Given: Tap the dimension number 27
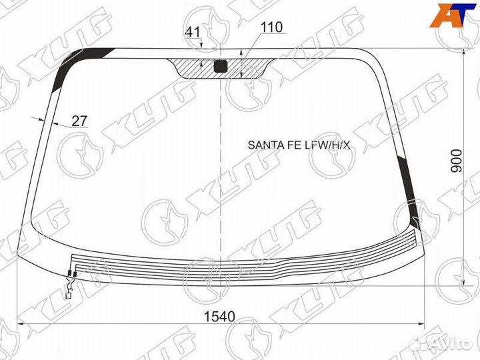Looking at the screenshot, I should pos(79,121).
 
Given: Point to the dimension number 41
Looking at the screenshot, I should pos(193,31).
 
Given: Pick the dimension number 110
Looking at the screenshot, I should pos(271,27).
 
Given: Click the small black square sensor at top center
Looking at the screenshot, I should pos(221,65).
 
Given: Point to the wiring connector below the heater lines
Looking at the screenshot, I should pos(69,286).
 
